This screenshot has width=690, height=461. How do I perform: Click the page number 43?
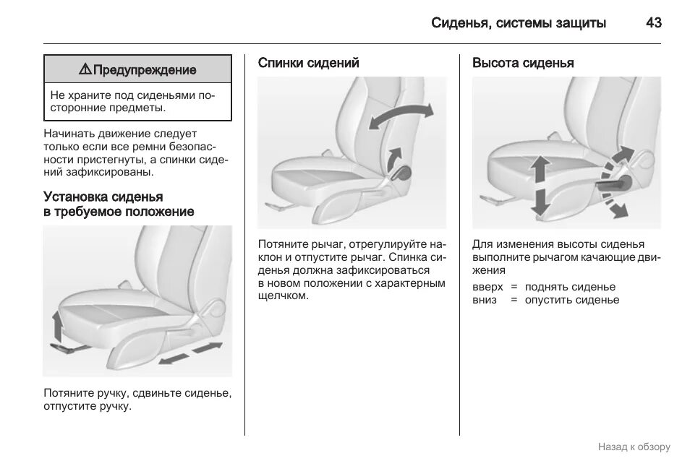coord(653,23)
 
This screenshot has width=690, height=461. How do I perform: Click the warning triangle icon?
coord(85,69)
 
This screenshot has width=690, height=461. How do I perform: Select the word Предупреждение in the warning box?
coord(145,70)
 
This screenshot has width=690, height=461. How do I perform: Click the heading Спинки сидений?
coord(309,63)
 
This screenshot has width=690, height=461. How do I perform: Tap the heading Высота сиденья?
coord(523,63)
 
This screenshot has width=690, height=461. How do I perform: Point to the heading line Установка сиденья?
coord(103,197)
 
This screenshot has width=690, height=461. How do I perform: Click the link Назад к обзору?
coord(634,447)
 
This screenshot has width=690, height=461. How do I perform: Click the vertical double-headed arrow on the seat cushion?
coord(539,186)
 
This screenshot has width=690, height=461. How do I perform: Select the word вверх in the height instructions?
coord(487,287)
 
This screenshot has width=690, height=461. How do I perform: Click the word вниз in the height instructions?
coord(485,300)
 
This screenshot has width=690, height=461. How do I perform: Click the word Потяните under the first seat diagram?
coord(68,394)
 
